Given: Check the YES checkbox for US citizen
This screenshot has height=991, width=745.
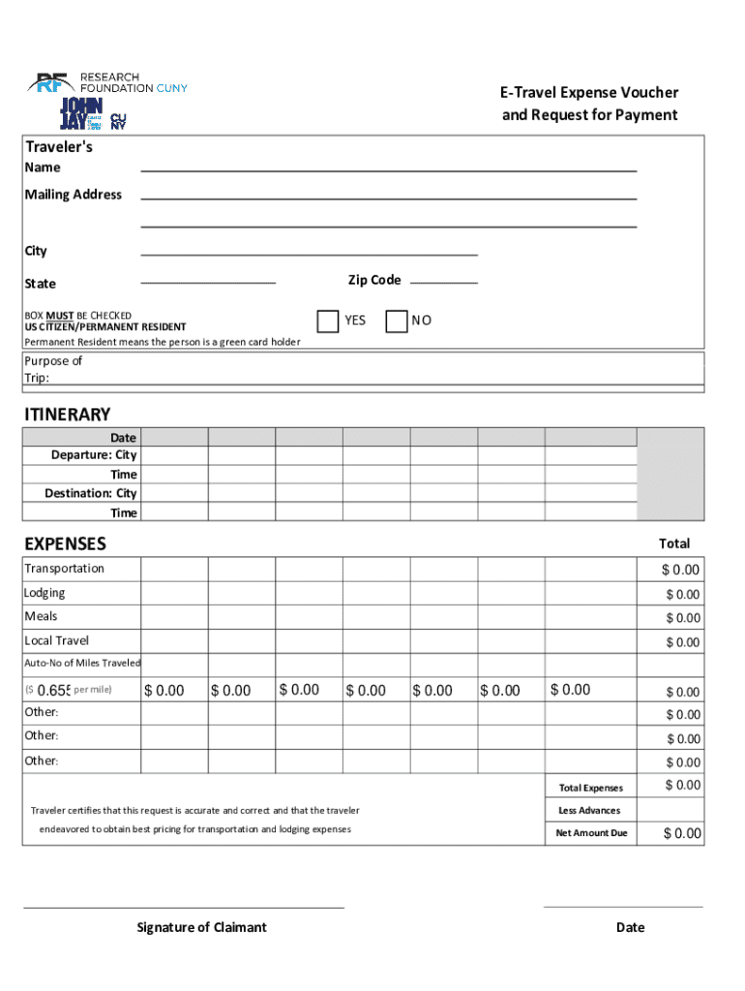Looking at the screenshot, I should (x=328, y=320).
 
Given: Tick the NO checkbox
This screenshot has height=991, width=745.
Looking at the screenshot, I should (x=396, y=321).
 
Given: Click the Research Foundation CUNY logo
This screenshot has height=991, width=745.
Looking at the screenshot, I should (x=107, y=82).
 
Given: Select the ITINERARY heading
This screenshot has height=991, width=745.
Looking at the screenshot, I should (x=68, y=414).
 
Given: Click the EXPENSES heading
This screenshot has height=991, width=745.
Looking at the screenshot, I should (x=66, y=544).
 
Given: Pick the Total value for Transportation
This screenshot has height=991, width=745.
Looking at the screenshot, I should (x=680, y=570).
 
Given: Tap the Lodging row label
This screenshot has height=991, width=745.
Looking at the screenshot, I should (x=45, y=592).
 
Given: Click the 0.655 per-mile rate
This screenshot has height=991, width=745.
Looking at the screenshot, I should (x=53, y=690).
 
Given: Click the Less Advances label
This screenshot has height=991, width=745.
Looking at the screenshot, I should (x=589, y=810).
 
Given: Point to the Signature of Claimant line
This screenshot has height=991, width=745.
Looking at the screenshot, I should (x=184, y=907).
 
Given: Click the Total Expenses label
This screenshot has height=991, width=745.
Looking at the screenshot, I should (x=590, y=788).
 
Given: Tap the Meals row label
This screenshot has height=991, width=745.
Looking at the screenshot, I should (x=41, y=616).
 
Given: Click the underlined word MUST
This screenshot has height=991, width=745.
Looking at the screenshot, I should (x=60, y=315).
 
